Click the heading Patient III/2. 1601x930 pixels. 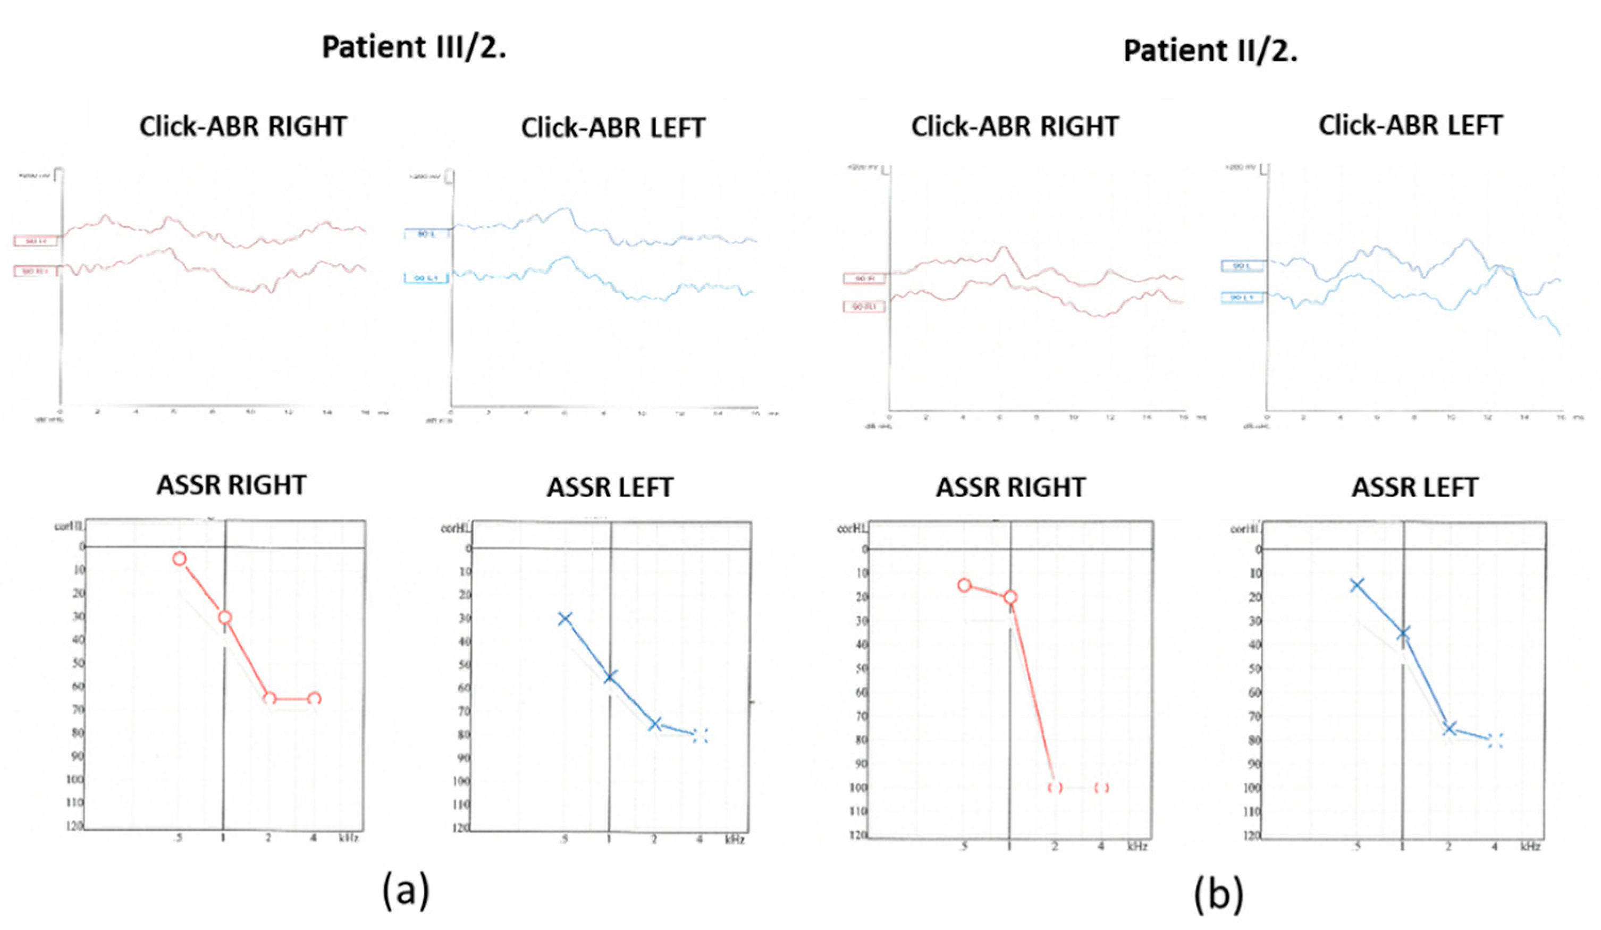(414, 48)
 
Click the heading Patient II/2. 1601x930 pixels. (1210, 51)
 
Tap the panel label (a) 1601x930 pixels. (406, 891)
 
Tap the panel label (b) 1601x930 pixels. (1218, 894)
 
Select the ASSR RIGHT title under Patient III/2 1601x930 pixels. (231, 485)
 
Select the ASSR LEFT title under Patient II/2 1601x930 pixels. (1414, 487)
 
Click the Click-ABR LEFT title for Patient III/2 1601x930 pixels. (613, 128)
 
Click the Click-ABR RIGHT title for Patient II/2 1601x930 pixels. (1015, 126)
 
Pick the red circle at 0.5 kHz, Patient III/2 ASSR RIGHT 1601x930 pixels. (180, 559)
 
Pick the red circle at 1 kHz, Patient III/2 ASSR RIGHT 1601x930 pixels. (224, 618)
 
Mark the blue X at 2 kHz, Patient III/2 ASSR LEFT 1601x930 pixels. (655, 724)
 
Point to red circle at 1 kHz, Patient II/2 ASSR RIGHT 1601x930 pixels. (1010, 597)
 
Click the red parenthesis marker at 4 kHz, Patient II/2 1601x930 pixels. (1102, 788)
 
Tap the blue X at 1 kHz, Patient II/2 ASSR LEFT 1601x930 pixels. (1403, 633)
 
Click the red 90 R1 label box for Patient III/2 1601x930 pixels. (36, 271)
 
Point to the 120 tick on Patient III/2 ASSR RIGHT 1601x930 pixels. (75, 826)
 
